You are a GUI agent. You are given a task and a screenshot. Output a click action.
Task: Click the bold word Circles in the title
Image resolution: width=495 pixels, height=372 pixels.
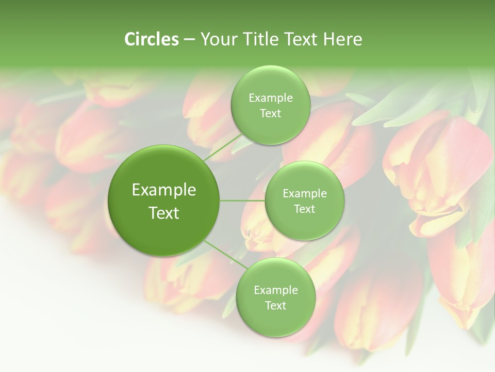coord(151,39)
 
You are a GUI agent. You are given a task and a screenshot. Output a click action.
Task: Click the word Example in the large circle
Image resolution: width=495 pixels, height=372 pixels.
coord(164,190)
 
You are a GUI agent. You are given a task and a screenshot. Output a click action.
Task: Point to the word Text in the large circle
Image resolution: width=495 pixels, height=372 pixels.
coord(164,213)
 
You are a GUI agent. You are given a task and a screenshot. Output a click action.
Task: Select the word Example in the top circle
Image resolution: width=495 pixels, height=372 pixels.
coord(270,98)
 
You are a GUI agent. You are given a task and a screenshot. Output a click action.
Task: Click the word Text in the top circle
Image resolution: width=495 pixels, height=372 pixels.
coord(270,114)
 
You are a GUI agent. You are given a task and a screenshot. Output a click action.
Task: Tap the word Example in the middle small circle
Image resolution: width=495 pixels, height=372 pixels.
coord(304,194)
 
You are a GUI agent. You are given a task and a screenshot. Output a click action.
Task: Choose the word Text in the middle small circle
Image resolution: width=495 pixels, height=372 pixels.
coord(304,209)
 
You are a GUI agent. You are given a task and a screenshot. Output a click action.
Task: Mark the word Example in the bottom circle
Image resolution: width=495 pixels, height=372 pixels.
coord(275,290)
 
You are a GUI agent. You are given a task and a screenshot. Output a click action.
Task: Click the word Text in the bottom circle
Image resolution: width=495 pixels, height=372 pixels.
coord(275,305)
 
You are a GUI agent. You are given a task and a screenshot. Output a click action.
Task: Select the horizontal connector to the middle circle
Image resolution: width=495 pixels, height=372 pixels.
coord(242,200)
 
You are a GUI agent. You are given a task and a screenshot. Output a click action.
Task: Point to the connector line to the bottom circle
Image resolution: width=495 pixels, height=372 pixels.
coord(225,254)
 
